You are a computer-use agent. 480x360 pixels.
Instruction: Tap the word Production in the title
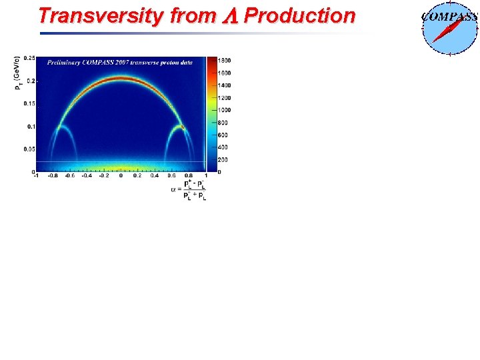[299, 16]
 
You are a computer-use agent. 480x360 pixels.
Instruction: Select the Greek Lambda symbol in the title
[229, 17]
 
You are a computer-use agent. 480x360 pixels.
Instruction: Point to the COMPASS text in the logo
[450, 17]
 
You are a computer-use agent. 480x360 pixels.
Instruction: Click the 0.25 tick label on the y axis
[31, 58]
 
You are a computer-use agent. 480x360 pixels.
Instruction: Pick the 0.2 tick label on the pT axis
[32, 81]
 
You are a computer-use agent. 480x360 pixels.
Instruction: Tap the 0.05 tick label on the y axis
[31, 149]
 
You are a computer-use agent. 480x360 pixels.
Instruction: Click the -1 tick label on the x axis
[36, 177]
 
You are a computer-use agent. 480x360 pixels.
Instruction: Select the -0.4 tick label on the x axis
[87, 177]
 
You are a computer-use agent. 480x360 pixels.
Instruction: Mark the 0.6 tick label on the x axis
[172, 177]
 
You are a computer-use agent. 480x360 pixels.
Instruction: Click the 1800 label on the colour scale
[223, 61]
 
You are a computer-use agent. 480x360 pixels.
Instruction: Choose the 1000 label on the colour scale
[223, 110]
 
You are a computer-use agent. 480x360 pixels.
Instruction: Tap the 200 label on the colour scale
[222, 159]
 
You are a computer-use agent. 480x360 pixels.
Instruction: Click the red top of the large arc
[121, 79]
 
